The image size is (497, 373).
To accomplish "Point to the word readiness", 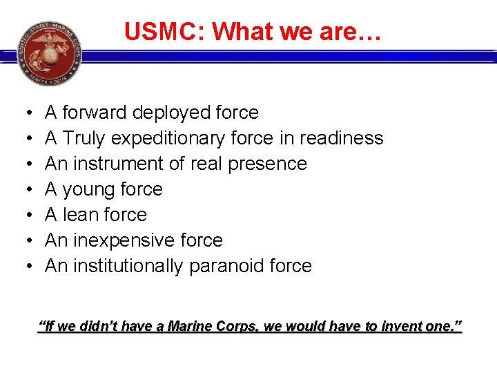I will tap(340, 138).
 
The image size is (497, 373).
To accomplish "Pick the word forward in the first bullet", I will tap(94, 113).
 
